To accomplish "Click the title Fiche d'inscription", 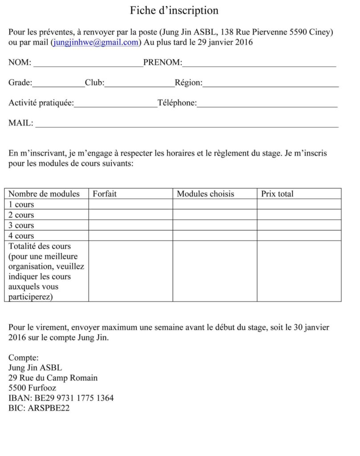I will click(x=174, y=10).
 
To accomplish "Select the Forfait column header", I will click(x=105, y=194).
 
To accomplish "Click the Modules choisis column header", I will click(x=205, y=194).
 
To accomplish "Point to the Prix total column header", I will click(x=278, y=194).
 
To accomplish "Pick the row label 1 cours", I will click(x=21, y=204).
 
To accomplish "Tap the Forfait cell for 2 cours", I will click(x=131, y=215).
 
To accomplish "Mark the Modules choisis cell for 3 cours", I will click(x=215, y=225).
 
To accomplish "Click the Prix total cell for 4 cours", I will click(x=299, y=236).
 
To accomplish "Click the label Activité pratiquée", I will click(x=41, y=103).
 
